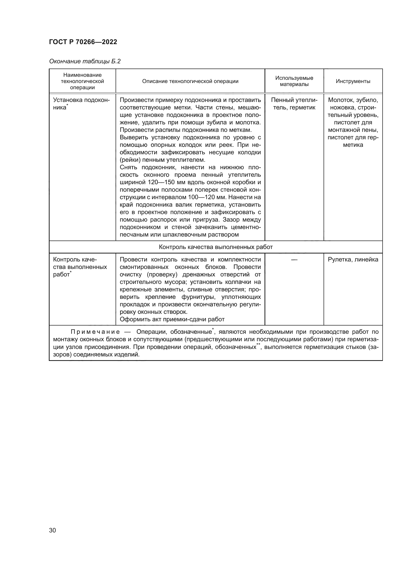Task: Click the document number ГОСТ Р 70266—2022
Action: pyautogui.click(x=83, y=42)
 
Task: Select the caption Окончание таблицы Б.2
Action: pyautogui.click(x=85, y=61)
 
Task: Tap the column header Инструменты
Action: pyautogui.click(x=353, y=81)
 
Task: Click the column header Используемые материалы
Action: pyautogui.click(x=294, y=81)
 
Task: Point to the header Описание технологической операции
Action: pyautogui.click(x=190, y=81)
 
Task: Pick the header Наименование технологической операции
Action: pyautogui.click(x=82, y=81)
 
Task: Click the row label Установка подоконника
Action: pyautogui.click(x=81, y=104)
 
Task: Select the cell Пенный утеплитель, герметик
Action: pyautogui.click(x=294, y=104)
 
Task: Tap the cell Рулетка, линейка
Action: pyautogui.click(x=353, y=259)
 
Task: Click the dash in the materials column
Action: pyautogui.click(x=294, y=259)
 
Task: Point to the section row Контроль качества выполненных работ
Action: pyautogui.click(x=216, y=247)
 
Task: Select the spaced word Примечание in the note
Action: pyautogui.click(x=95, y=332)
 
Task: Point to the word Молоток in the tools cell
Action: pyautogui.click(x=339, y=100)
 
